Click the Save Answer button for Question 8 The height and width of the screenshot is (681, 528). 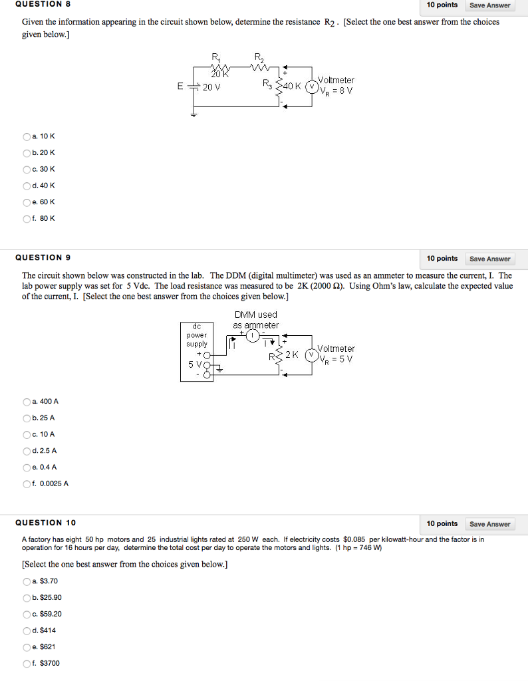(489, 5)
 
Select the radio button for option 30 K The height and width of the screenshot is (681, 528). (27, 170)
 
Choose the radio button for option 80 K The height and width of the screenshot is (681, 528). (27, 218)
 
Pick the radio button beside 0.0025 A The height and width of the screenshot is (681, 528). (27, 483)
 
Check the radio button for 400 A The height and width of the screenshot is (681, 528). (27, 402)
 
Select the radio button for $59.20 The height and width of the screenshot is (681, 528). (27, 614)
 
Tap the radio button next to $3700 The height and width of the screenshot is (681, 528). (27, 663)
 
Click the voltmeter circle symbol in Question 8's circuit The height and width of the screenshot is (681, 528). (311, 86)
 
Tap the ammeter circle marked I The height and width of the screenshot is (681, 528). (253, 336)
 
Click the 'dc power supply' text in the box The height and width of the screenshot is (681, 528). (197, 335)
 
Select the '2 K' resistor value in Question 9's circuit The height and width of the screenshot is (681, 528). (291, 354)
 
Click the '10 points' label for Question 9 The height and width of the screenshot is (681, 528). (442, 258)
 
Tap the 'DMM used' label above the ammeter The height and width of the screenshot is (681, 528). (256, 315)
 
